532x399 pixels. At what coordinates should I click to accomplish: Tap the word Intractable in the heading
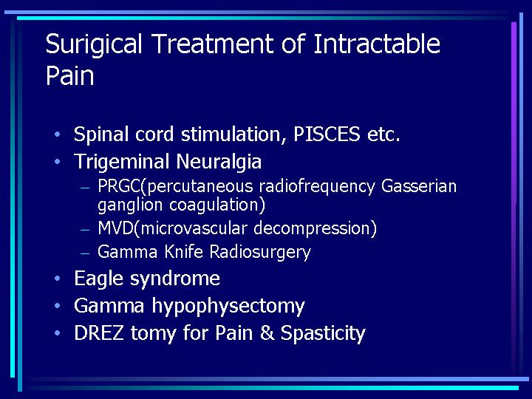(x=377, y=44)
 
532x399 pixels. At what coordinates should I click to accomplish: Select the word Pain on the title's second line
(x=69, y=75)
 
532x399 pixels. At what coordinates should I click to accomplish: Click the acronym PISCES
(x=327, y=134)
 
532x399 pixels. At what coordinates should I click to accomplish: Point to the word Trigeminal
(x=122, y=162)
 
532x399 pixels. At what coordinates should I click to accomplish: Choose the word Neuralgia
(x=219, y=162)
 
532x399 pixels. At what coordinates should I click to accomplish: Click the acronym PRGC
(x=119, y=186)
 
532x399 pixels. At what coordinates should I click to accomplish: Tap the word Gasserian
(x=419, y=186)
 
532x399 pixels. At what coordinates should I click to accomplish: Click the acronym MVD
(x=115, y=228)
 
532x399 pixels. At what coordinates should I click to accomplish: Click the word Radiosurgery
(x=260, y=253)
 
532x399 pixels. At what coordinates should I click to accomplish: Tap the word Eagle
(x=98, y=279)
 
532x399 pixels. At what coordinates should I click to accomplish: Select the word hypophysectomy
(x=228, y=307)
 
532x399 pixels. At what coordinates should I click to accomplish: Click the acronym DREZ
(x=99, y=332)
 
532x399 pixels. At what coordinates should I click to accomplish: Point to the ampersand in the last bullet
(x=267, y=332)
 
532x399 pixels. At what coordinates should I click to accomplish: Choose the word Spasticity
(x=323, y=334)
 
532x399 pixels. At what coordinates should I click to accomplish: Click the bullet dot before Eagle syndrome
(x=58, y=279)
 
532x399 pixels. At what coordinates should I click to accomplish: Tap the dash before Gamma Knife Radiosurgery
(x=85, y=253)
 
